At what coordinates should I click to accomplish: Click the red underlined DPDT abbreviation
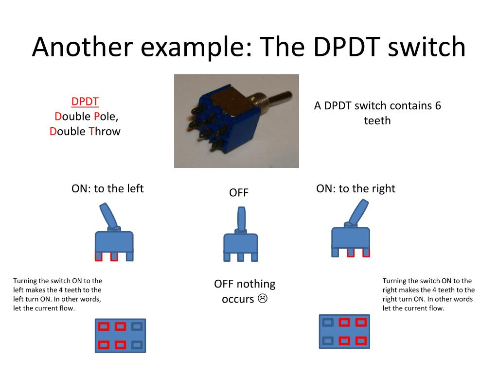click(85, 102)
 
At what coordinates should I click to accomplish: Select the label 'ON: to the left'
click(107, 188)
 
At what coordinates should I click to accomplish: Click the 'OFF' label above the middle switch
click(239, 193)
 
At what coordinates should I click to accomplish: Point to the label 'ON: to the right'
click(356, 188)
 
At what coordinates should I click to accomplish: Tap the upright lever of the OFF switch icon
click(241, 218)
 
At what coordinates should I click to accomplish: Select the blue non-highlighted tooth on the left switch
click(130, 256)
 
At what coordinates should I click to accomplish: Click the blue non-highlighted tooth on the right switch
click(335, 252)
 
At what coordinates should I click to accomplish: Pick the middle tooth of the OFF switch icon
click(240, 256)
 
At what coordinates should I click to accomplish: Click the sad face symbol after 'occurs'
click(263, 298)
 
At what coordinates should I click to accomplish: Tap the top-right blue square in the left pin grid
click(138, 326)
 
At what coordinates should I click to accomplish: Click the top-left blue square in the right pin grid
click(328, 322)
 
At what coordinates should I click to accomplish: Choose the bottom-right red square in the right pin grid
click(360, 340)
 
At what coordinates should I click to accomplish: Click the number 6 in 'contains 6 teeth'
click(438, 106)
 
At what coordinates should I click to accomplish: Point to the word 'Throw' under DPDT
click(104, 131)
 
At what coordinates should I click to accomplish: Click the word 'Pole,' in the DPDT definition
click(106, 117)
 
